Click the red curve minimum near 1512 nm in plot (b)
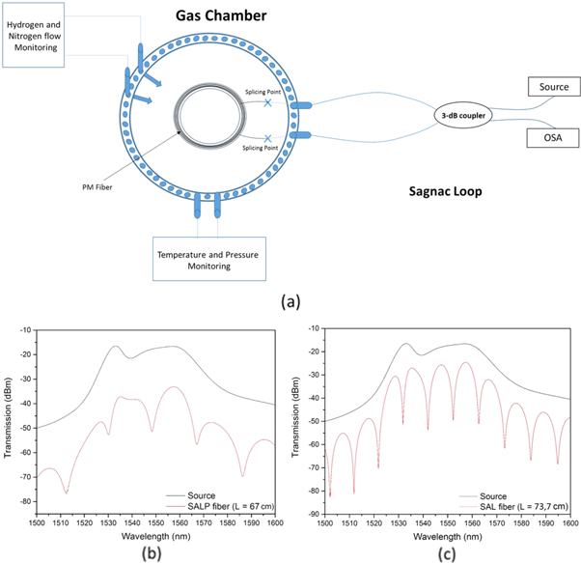66,493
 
